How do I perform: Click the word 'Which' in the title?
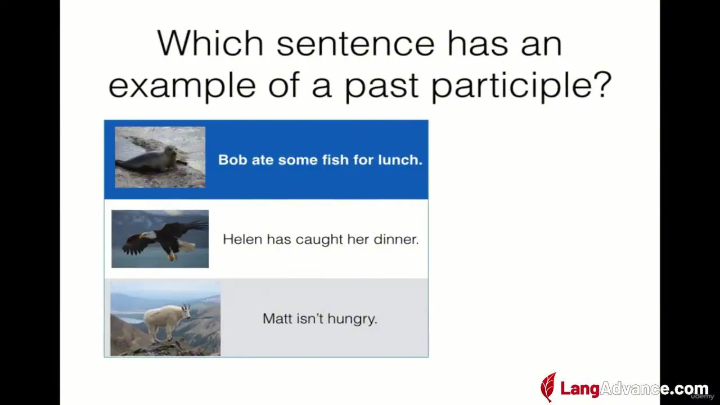click(210, 43)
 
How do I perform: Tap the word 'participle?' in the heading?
click(521, 86)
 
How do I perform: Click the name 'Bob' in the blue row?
click(232, 160)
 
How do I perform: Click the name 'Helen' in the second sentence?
click(242, 239)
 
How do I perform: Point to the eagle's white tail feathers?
click(186, 246)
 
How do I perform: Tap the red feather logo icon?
click(548, 387)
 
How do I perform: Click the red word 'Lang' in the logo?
click(580, 389)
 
